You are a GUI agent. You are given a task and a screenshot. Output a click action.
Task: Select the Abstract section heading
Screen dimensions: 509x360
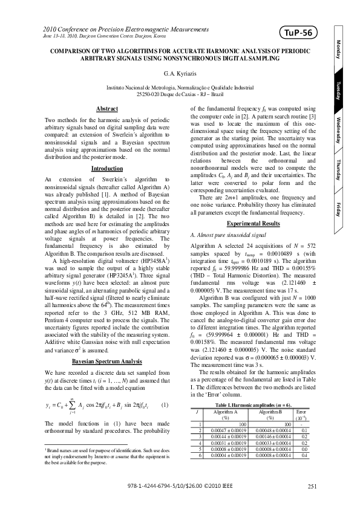[107, 108]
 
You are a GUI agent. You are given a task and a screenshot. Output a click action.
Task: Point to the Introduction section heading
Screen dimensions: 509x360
[107, 167]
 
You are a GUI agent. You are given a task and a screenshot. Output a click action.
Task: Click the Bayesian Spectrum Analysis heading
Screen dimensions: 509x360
[107, 361]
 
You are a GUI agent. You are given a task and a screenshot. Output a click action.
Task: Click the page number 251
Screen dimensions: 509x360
[312, 486]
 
